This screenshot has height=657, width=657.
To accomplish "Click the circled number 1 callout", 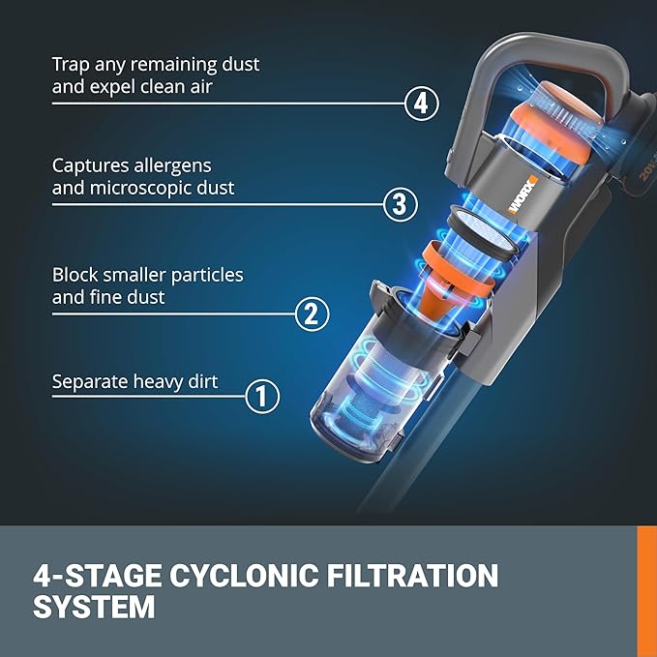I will [262, 396].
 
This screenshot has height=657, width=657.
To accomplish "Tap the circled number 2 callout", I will [311, 314].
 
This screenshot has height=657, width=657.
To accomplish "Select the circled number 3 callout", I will [400, 204].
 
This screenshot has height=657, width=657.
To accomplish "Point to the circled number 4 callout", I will [421, 104].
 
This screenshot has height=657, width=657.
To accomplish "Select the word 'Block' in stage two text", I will [76, 275].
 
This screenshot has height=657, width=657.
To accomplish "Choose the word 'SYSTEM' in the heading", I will [94, 608].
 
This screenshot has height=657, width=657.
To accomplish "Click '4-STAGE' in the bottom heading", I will [93, 577].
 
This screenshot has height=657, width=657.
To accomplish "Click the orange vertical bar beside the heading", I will [646, 590].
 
